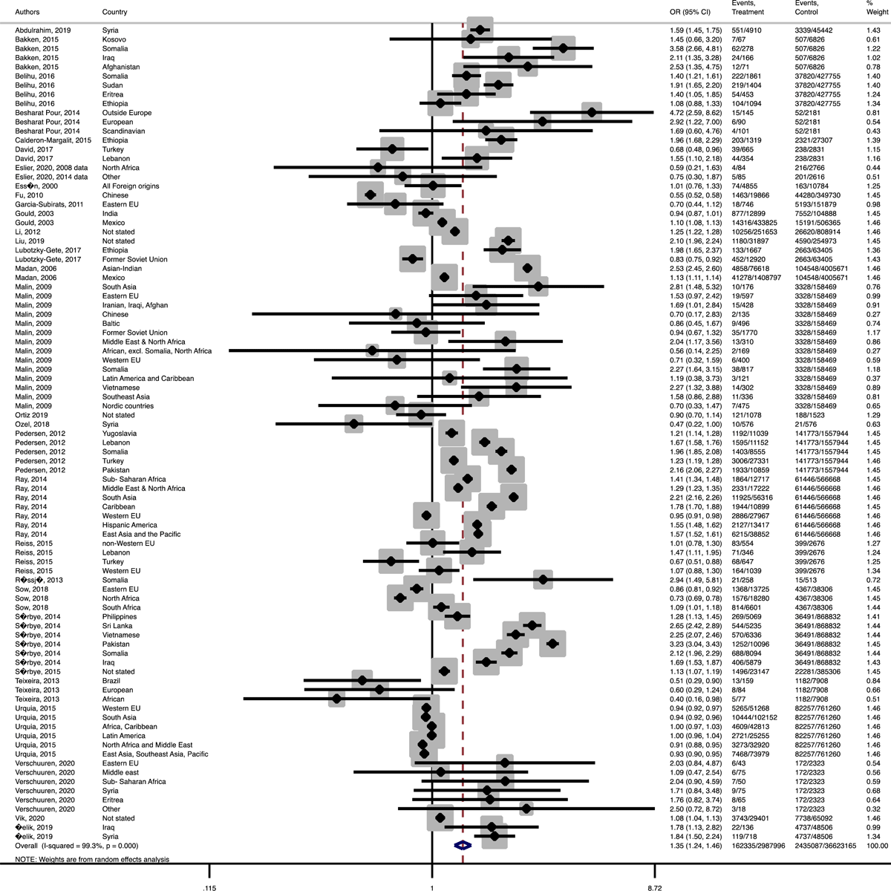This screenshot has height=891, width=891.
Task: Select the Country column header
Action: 114,12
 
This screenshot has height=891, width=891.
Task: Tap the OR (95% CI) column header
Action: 690,12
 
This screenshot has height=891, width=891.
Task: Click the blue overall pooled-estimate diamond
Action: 463,845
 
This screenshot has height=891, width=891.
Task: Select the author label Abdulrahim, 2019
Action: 41,30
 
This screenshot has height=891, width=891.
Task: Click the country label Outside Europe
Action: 127,112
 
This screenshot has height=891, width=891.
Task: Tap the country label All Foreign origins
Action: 131,186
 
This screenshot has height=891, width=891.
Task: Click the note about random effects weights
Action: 93,859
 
